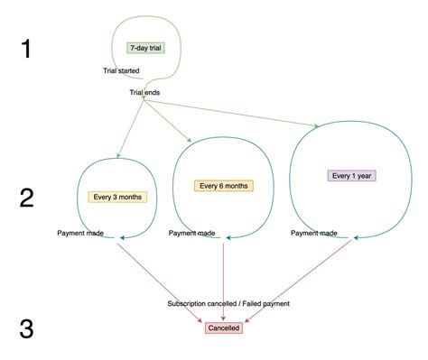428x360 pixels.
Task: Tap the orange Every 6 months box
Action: coord(223,186)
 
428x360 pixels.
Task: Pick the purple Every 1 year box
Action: coord(350,176)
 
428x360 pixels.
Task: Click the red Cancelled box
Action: coord(223,328)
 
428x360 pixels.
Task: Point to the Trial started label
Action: coord(120,70)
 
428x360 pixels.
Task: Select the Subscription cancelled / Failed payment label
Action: coord(228,304)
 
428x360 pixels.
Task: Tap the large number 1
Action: coord(27,48)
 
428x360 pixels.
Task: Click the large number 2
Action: coord(27,198)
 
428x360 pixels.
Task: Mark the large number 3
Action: coord(27,329)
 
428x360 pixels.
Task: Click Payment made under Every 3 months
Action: coord(80,234)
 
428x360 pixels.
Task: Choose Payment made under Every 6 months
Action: coord(192,234)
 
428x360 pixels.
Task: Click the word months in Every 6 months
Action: coord(235,186)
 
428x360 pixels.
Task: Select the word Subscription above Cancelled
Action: coord(189,304)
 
